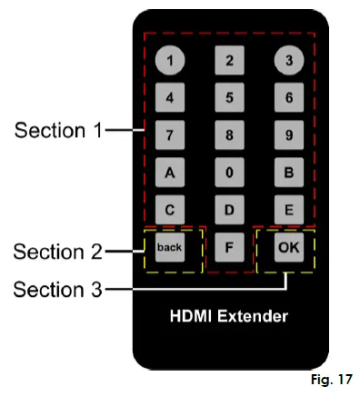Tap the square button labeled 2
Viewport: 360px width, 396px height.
click(228, 61)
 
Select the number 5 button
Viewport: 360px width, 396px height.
click(228, 97)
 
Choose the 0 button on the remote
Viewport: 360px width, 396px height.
click(228, 172)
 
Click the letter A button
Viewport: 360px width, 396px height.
click(169, 172)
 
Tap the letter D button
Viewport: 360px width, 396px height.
click(228, 209)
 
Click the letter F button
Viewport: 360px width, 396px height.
click(228, 247)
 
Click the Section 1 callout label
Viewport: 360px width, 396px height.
click(56, 130)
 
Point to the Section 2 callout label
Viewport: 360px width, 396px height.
click(56, 249)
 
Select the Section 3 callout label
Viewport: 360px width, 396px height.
click(56, 289)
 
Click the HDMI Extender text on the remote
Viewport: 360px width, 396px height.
click(228, 317)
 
